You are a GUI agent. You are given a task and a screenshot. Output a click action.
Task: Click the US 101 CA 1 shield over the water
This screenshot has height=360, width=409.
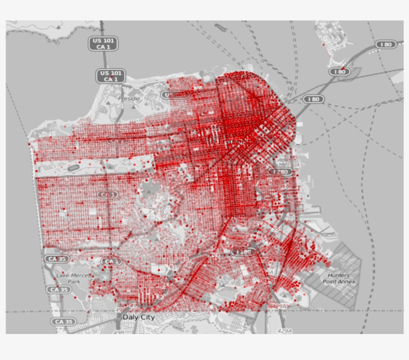coord(103,43)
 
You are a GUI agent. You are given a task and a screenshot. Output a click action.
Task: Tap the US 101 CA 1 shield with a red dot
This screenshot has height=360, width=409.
coord(110,76)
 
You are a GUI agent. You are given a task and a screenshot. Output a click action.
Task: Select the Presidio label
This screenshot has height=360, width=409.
coord(129,99)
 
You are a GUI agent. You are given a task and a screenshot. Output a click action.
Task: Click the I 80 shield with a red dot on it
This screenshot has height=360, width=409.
coord(340,72)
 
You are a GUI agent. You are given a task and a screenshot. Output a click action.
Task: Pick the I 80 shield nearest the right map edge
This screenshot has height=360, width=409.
coord(386,44)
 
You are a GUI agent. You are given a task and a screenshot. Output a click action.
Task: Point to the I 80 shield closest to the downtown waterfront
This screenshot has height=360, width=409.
coord(313,99)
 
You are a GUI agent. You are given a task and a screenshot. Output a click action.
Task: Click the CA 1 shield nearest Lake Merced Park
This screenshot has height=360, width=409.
coord(111,261)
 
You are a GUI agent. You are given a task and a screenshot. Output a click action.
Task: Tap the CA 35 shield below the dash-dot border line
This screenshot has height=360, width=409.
coord(64,322)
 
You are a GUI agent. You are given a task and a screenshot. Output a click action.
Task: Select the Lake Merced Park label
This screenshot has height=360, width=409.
coord(74,279)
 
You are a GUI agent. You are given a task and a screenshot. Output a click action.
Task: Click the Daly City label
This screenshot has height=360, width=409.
coord(139,317)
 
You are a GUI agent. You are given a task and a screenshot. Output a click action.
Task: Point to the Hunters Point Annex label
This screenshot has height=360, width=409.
coord(342,279)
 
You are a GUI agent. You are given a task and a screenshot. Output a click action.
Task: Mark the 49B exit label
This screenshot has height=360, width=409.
coord(119,332)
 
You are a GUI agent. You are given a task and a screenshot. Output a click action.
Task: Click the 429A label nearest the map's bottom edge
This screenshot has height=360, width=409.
coord(284,331)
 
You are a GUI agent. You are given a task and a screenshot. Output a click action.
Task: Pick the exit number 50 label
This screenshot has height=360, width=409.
coord(161,297)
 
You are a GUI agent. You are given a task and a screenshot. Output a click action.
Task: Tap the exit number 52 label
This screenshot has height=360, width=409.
coord(185,260)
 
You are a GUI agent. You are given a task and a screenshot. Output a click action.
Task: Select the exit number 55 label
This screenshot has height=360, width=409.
coord(275,229)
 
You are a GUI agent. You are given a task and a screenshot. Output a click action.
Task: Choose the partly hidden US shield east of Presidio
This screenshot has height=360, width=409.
coord(170,94)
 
